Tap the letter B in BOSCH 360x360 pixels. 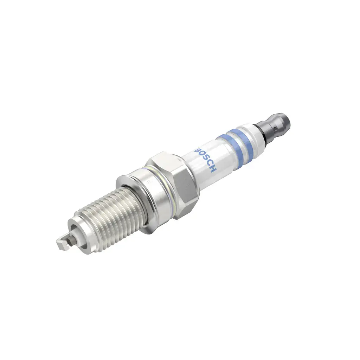(197, 150)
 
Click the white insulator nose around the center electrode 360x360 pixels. (77, 233)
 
